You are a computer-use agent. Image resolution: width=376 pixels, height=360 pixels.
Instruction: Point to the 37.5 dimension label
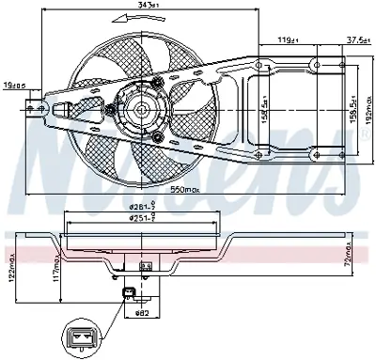(x=355, y=39)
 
